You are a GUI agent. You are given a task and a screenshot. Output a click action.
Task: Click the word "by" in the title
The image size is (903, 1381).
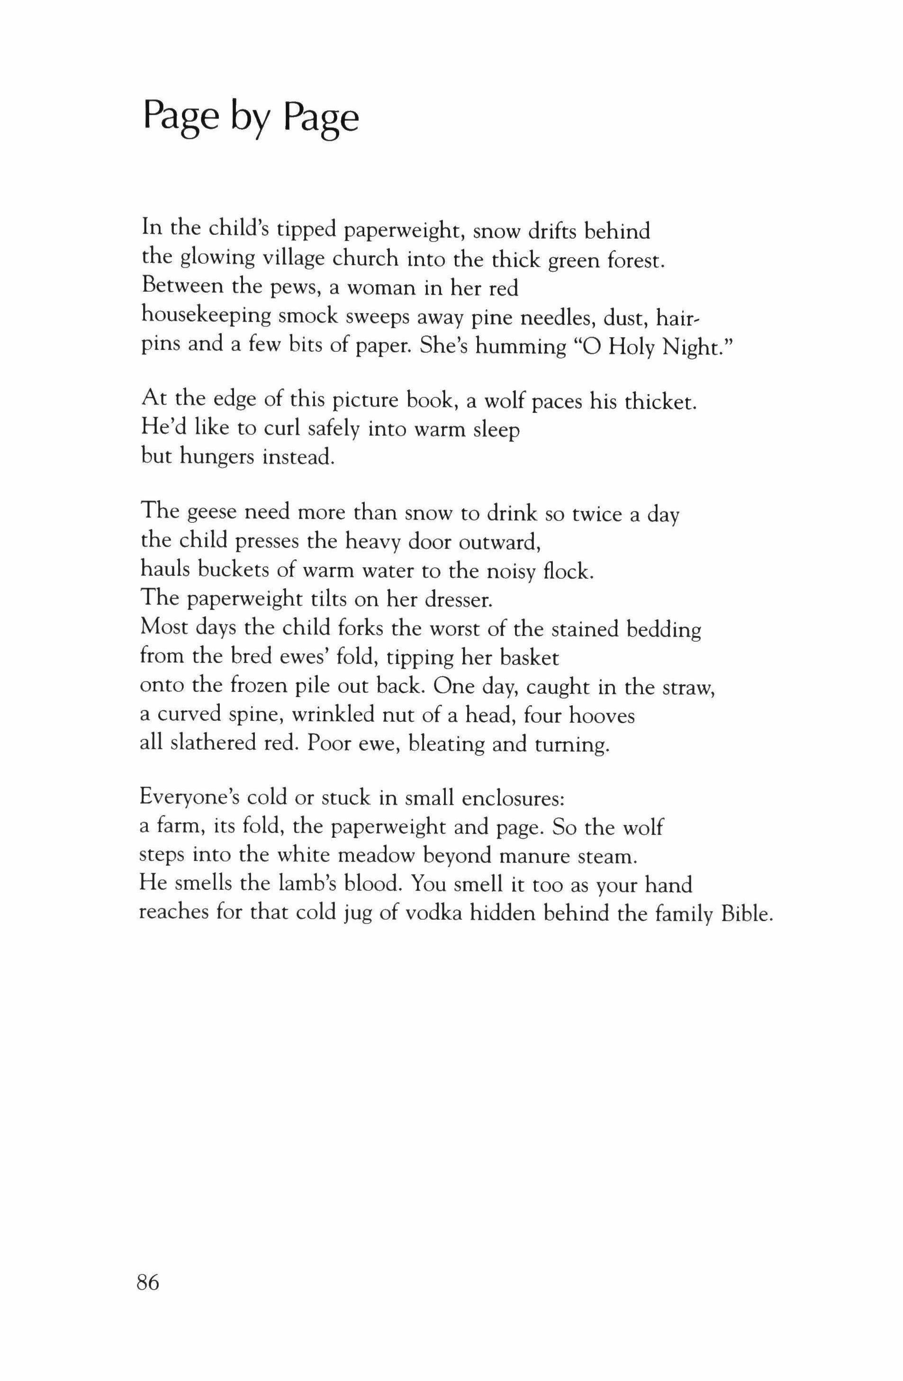point(251,119)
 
